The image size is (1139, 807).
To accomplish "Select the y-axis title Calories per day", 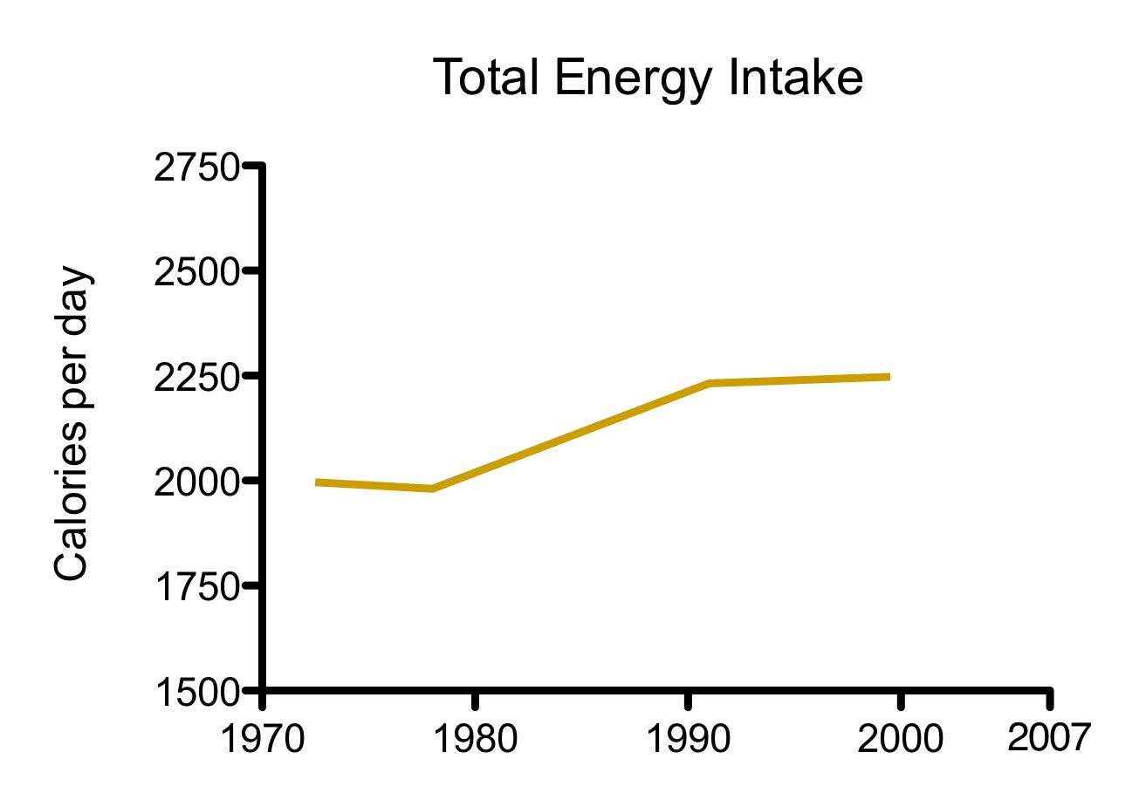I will [72, 424].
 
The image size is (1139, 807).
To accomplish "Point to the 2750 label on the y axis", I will [196, 168].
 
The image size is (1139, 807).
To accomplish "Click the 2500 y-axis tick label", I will [196, 273].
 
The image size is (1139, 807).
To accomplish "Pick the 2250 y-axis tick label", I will [196, 379].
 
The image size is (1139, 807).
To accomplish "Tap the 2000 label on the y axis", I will [196, 483].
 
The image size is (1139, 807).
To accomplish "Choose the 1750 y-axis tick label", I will [196, 588].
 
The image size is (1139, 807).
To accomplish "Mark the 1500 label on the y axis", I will [196, 693].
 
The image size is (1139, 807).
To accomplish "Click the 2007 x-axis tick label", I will [1049, 738].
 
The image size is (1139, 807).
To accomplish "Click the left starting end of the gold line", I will [318, 482].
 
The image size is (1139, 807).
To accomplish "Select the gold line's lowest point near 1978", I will [432, 489].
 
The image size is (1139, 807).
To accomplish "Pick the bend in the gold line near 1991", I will [709, 383].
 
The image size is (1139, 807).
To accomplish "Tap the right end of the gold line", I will [888, 377].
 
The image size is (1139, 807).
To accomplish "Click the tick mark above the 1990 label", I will [689, 701].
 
